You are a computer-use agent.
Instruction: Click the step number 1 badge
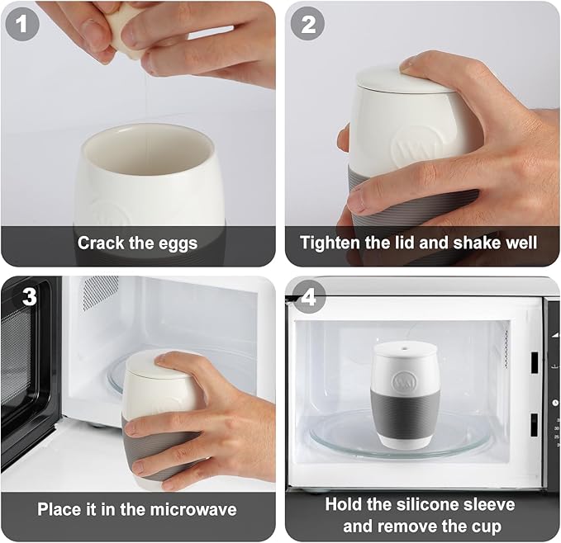pyautogui.click(x=21, y=24)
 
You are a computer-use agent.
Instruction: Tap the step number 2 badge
pyautogui.click(x=307, y=24)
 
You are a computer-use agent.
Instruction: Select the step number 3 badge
pyautogui.click(x=30, y=296)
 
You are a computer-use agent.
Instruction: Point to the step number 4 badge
pyautogui.click(x=309, y=296)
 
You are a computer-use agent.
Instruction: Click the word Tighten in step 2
pyautogui.click(x=330, y=243)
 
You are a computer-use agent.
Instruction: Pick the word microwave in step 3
pyautogui.click(x=193, y=509)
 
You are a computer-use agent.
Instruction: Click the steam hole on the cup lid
pyautogui.click(x=405, y=347)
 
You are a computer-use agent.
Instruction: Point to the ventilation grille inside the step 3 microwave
pyautogui.click(x=101, y=291)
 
